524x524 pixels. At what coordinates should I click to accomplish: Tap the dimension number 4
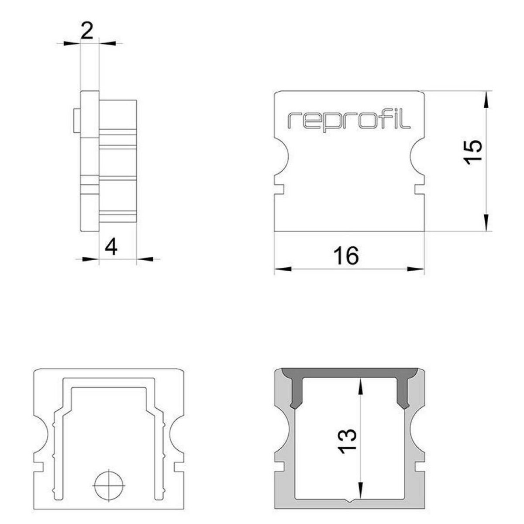coord(111,246)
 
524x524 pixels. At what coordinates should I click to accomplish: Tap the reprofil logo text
coord(349,121)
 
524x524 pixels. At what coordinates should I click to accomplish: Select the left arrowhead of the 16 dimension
coord(283,269)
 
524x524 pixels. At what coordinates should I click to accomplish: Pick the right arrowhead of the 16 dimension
coord(416,269)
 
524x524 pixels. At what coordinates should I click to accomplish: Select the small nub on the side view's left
coord(77,121)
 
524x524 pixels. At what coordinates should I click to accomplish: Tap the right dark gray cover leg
coord(402,395)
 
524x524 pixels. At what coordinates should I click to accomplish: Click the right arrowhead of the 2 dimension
coord(108,43)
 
